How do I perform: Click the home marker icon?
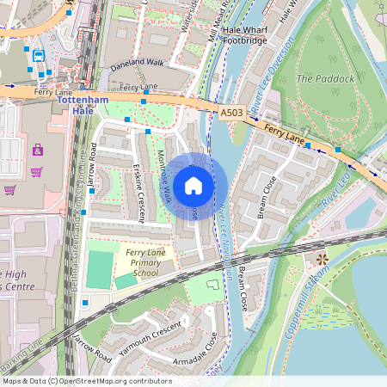tap(193, 186)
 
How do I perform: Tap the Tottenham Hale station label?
tap(83, 106)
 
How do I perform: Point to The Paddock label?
tap(325, 78)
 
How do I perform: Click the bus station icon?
tap(39, 56)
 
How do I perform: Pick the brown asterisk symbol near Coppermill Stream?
tap(322, 259)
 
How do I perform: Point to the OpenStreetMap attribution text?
tap(87, 380)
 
